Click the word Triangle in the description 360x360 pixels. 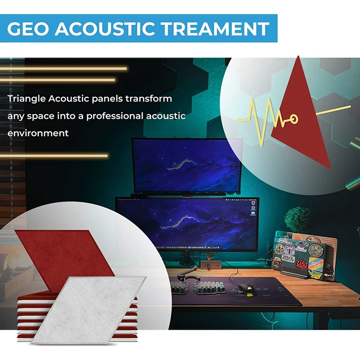tap(27, 99)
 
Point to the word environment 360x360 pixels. tap(38, 133)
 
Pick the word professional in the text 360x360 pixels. tap(114, 116)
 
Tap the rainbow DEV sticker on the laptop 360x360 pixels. tap(316, 263)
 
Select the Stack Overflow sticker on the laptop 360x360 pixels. tap(288, 258)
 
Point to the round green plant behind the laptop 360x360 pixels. tap(298, 219)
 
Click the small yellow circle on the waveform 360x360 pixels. tap(294, 119)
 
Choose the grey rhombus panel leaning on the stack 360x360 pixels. tap(88, 310)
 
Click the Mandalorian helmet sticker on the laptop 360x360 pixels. tap(289, 249)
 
